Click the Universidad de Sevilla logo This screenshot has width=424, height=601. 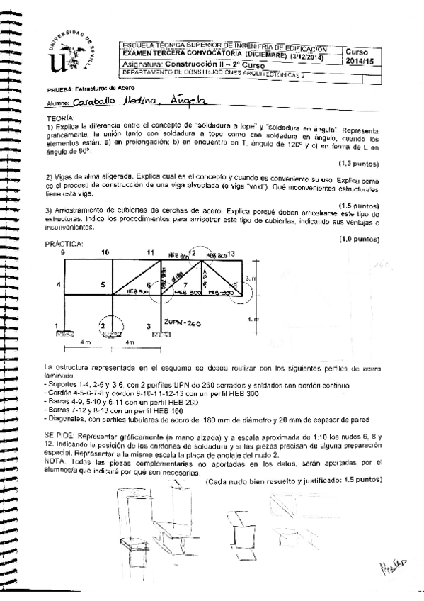tap(68, 54)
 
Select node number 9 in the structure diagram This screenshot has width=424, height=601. tap(63, 252)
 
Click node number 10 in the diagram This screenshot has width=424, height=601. tap(105, 252)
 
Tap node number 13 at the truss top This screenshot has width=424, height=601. tap(231, 253)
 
